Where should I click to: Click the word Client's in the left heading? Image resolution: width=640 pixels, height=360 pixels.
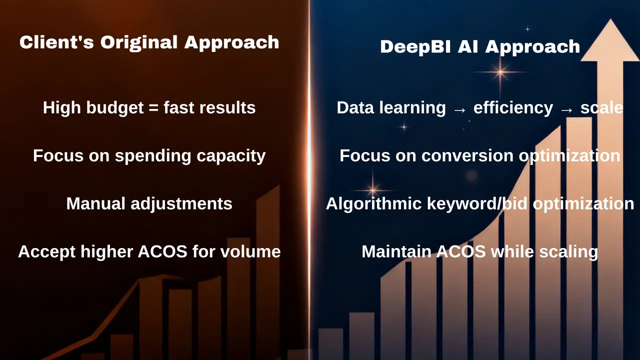[56, 42]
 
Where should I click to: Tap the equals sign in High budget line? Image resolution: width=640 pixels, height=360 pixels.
[153, 107]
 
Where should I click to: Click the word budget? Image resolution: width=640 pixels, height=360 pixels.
[115, 108]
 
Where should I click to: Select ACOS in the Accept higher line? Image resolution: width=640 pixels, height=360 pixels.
[162, 251]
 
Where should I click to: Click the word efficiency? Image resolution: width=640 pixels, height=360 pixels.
[513, 108]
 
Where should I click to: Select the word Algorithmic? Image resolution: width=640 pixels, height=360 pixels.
[373, 204]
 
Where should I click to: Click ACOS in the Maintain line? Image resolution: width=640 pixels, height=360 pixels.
[461, 251]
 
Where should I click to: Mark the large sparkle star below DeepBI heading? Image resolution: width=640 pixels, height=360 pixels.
[500, 72]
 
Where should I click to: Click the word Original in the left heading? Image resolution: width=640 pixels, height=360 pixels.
[139, 43]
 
